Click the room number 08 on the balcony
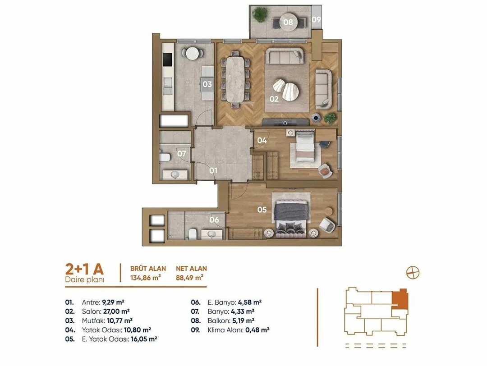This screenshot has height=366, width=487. [x=288, y=22]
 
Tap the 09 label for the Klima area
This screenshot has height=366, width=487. [x=316, y=19]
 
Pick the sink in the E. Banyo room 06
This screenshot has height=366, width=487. [x=212, y=234]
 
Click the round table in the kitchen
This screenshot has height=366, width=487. [x=193, y=53]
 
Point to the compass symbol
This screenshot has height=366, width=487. [x=413, y=273]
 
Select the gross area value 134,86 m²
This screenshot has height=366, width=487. [x=145, y=278]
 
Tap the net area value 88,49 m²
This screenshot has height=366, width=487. [x=189, y=278]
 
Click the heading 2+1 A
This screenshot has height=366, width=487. [x=84, y=269]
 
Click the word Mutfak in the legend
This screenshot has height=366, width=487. [x=92, y=320]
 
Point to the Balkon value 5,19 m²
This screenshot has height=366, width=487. [x=242, y=320]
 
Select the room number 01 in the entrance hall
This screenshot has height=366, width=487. [x=213, y=170]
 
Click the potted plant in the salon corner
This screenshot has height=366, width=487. [x=330, y=118]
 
